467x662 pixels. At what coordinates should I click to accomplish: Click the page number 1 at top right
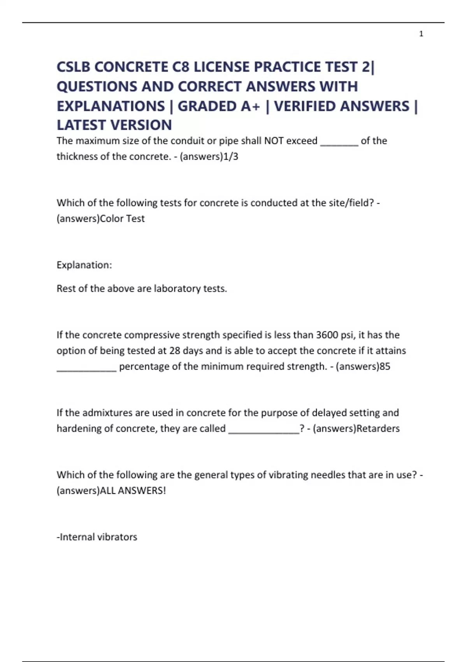point(421,34)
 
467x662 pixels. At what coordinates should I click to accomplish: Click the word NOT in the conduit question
point(274,141)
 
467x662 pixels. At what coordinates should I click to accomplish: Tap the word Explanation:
point(84,265)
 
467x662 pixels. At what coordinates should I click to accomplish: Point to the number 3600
point(327,335)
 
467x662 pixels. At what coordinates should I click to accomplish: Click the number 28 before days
point(175,350)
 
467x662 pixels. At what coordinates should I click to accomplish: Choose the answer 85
point(384,366)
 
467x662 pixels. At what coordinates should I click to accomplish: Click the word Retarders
point(378,428)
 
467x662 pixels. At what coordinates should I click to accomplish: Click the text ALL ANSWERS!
point(133,491)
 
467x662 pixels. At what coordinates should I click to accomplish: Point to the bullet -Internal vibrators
point(97,537)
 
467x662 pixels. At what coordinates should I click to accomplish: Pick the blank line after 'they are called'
point(264,432)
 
